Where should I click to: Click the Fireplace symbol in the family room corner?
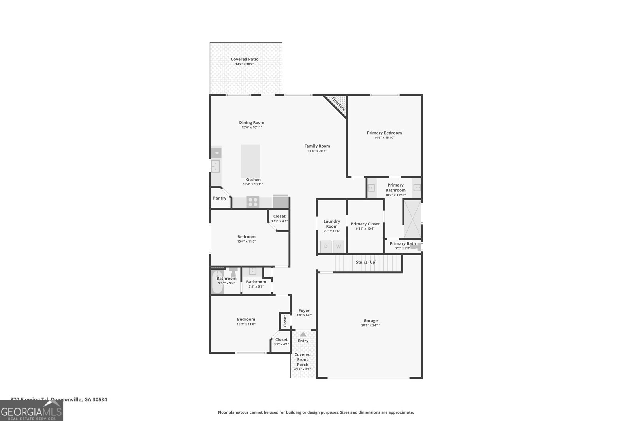point(338,104)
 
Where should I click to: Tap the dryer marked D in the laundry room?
point(326,247)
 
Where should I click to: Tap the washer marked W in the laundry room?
point(339,247)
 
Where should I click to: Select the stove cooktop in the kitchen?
point(253,202)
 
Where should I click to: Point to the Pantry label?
point(220,198)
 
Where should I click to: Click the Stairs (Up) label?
point(366,262)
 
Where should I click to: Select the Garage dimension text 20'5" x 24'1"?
point(371,326)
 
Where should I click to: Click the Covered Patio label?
point(245,59)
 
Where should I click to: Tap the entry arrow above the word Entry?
point(303,334)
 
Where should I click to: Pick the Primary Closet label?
point(365,224)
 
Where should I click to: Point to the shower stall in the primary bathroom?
point(412,218)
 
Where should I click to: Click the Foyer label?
point(304,311)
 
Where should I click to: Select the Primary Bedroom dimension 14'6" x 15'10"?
point(384,138)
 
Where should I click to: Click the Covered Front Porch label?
point(303,359)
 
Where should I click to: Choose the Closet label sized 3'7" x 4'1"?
point(281,339)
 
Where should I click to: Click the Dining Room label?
point(252,122)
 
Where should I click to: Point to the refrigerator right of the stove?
point(280,201)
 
